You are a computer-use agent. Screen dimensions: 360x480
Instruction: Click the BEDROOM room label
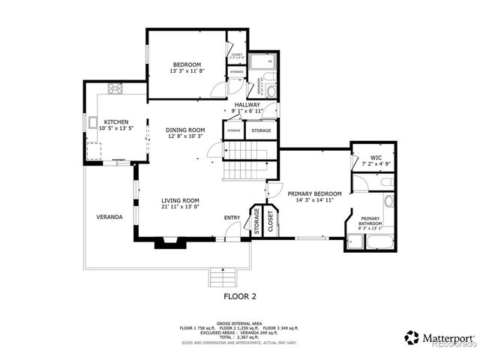pos(184,64)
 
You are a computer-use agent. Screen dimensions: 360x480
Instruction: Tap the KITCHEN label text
pos(115,121)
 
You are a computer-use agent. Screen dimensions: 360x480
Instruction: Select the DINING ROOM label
pos(185,130)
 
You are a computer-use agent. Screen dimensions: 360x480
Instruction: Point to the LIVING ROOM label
pos(180,200)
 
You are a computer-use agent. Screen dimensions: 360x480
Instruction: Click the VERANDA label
pos(109,217)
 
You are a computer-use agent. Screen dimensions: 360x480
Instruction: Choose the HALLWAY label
pos(247,104)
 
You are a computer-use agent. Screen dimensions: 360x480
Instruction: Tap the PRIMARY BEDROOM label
pos(315,193)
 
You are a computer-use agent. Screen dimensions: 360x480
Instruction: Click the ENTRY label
pos(232,217)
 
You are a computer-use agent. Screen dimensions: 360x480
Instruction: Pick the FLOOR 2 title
pos(240,296)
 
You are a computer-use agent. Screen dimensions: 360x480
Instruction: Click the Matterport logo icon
pos(412,337)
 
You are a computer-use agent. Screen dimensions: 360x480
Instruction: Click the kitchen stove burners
pos(116,88)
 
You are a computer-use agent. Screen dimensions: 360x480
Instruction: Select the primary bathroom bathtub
pos(373,241)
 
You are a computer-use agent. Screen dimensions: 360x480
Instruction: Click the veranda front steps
pos(222,276)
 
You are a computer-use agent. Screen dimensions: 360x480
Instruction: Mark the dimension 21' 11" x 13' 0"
pos(180,207)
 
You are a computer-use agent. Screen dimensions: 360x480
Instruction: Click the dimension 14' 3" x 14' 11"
pos(315,200)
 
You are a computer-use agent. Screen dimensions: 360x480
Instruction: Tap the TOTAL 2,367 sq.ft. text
pos(239,337)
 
